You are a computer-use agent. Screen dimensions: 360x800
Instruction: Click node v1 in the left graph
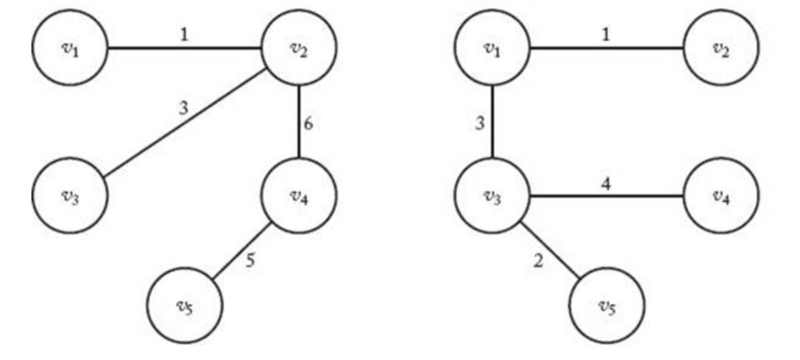70,48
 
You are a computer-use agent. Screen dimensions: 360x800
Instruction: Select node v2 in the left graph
298,48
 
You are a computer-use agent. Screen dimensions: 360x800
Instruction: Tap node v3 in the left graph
70,196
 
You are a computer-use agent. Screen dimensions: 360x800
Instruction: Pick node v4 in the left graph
298,196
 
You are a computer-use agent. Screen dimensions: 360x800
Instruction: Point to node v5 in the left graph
185,306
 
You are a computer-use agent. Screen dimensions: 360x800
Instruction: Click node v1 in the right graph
492,48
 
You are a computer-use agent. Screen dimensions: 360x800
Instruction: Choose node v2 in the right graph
720,48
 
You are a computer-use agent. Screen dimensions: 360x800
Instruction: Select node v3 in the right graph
492,196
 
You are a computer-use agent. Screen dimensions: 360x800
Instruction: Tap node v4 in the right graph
720,196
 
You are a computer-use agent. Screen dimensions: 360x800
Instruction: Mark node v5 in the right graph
607,306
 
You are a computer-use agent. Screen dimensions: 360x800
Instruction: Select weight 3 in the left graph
184,108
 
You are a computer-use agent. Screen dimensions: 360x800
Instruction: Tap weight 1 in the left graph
184,34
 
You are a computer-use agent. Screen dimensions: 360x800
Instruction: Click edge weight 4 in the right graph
606,182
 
